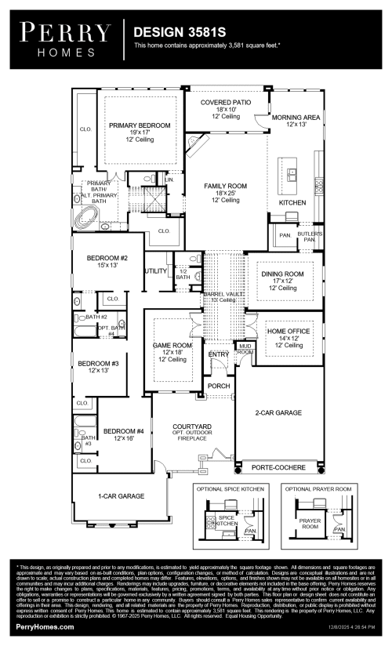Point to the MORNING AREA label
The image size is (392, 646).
(296, 117)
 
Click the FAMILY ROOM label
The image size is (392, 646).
(226, 186)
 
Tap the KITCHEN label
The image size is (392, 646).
(292, 202)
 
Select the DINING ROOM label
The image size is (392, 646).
(282, 274)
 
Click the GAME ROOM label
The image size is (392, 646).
(172, 344)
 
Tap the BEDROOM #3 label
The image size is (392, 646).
(97, 364)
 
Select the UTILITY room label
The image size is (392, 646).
(155, 270)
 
